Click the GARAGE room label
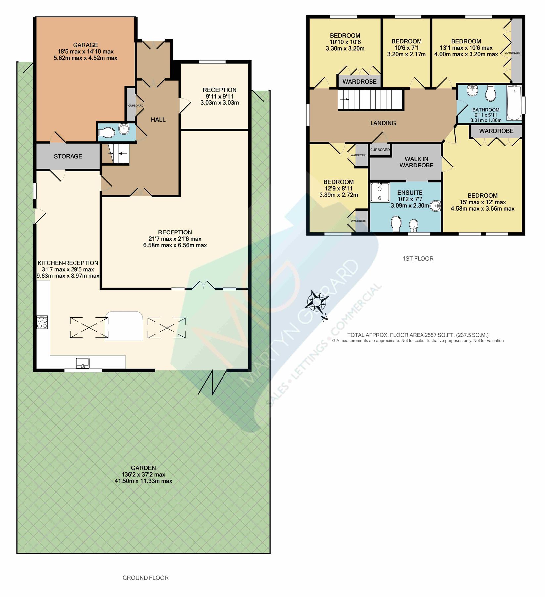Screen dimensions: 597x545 pos(85,45)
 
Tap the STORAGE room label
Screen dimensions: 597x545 pos(68,156)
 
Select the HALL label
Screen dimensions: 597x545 pos(158,120)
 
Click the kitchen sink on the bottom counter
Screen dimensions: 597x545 pos(83,363)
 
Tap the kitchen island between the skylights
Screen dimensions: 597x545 pos(124,326)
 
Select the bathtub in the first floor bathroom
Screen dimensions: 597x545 pos(514,102)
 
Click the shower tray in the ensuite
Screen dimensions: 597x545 pos(380,192)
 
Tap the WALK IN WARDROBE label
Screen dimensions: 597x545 pos(416,162)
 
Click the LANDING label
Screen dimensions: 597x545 pos(383,123)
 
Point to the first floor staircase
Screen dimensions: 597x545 pos(371,99)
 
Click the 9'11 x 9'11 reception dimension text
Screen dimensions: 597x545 pos(220,97)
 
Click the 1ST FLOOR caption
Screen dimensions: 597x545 pos(418,259)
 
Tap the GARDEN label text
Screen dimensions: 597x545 pos(143,468)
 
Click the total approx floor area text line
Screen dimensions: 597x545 pos(418,335)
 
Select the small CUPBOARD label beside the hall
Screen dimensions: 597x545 pos(136,106)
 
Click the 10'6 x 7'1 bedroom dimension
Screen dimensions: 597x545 pos(406,48)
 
